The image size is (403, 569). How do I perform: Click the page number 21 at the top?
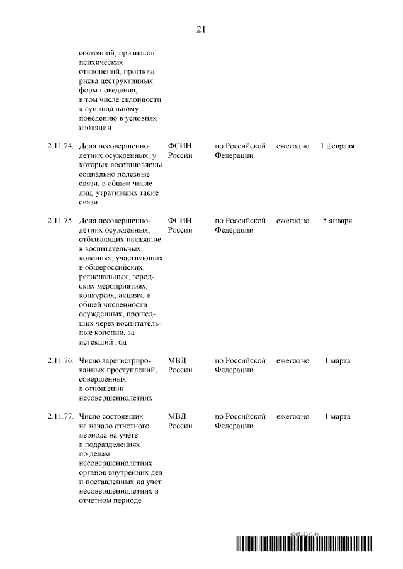click(201, 30)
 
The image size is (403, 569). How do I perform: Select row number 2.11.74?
click(60, 146)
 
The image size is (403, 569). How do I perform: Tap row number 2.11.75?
click(60, 221)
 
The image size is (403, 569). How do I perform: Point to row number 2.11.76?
click(60, 361)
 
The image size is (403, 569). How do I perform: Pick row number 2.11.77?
click(60, 417)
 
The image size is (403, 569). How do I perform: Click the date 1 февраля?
click(337, 146)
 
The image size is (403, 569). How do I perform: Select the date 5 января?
click(337, 221)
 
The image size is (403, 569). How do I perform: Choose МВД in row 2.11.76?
click(178, 361)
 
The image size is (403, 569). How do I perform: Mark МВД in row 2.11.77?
click(178, 417)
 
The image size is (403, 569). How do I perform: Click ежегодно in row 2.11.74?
click(293, 146)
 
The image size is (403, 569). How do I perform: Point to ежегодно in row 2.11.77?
click(293, 417)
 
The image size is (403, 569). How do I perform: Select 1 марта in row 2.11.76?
click(337, 361)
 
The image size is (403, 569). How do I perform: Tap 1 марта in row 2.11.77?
click(337, 417)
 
